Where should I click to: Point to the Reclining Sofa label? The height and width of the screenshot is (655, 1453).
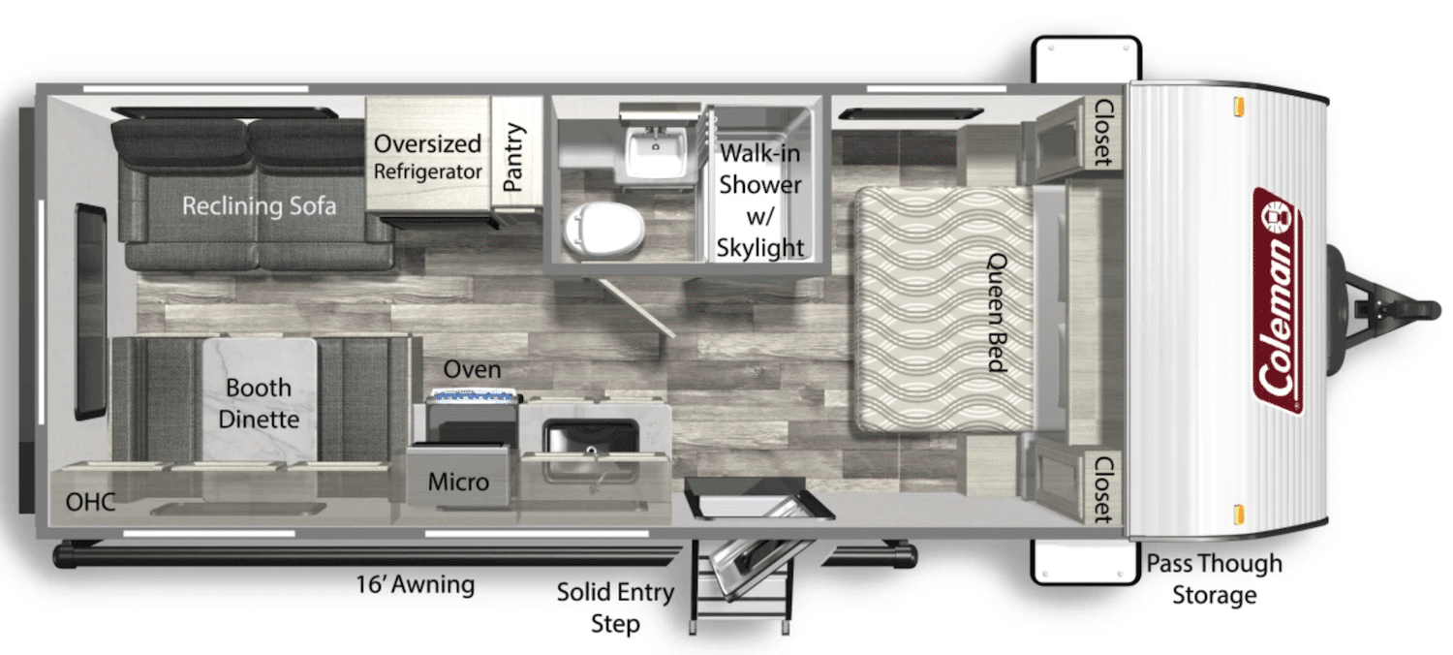click(259, 205)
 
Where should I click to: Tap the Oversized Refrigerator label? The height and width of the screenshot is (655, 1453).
click(427, 157)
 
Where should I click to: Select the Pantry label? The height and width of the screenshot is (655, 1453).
click(513, 157)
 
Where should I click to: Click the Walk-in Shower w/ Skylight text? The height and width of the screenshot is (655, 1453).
click(760, 201)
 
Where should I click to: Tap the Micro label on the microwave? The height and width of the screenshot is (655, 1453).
click(458, 482)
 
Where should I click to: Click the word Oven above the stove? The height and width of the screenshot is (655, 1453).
click(472, 369)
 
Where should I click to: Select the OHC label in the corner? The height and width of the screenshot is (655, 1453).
click(90, 502)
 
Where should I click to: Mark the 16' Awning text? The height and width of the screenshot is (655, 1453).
click(415, 585)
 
